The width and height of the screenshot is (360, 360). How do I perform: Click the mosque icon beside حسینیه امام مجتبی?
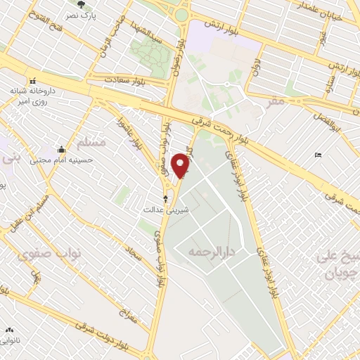pos(62,149)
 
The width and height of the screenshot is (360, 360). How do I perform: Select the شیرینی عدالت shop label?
pos(163,210)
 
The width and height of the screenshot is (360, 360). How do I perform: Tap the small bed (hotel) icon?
pos(319,155)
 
